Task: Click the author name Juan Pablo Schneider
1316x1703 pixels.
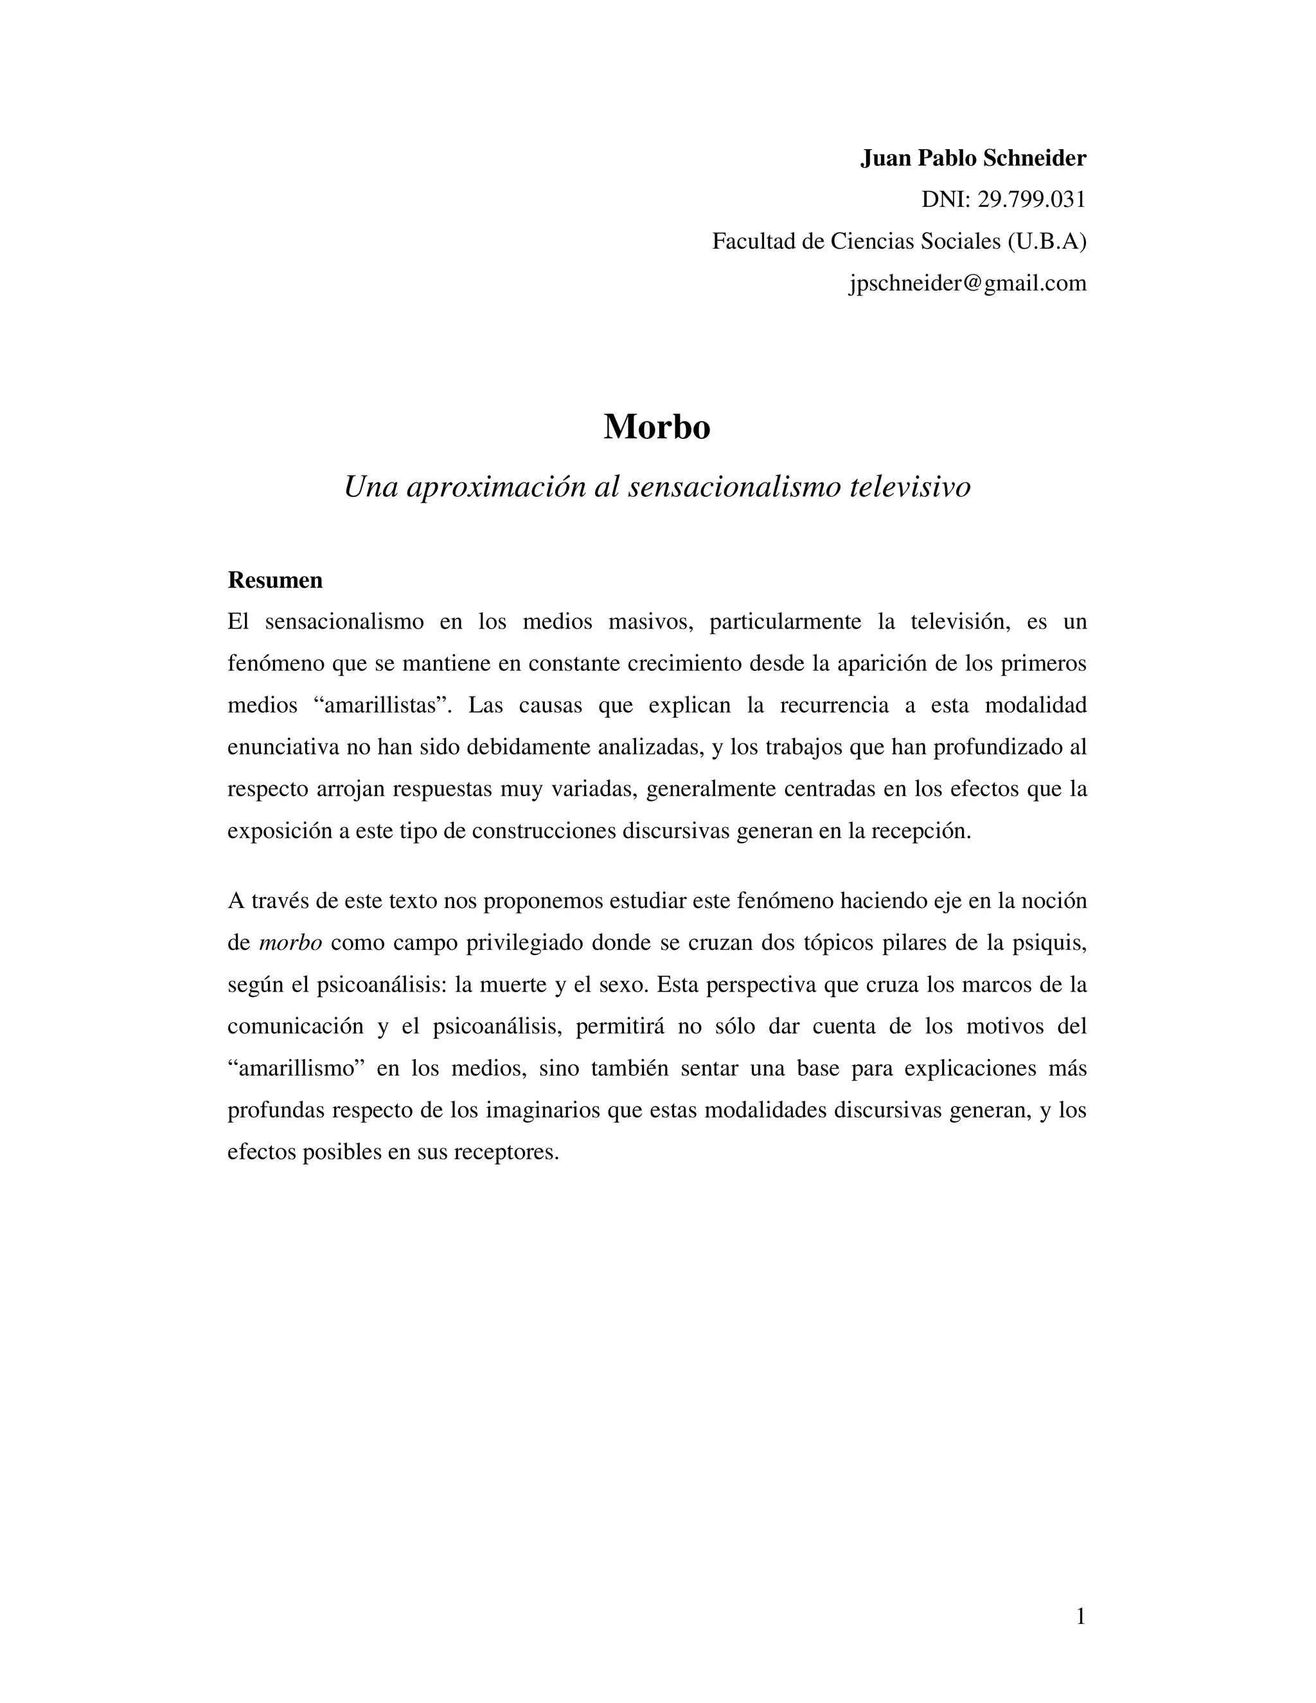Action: tap(972, 158)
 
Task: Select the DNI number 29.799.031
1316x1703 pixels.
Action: tap(1031, 201)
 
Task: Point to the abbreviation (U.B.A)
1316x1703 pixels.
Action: tap(1046, 242)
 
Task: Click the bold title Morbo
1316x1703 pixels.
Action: tap(657, 427)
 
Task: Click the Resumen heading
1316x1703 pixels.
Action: tap(274, 580)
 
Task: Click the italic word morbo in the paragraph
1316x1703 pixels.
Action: tap(290, 943)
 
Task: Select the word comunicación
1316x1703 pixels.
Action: tap(296, 1027)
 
